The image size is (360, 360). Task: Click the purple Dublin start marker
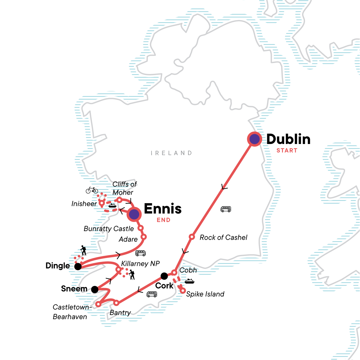(254, 139)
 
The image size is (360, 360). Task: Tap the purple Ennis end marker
(134, 214)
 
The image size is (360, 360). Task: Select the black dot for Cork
(164, 276)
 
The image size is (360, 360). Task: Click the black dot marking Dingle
(78, 266)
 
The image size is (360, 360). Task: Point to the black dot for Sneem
(95, 289)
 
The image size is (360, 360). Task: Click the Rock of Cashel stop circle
(192, 237)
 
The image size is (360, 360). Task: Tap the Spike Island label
(205, 294)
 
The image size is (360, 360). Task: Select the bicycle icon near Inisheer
(92, 190)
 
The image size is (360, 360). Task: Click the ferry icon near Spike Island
(190, 281)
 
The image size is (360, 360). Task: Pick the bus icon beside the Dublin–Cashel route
(226, 209)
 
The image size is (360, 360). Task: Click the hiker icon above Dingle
(83, 250)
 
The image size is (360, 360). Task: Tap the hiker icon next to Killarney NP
(132, 274)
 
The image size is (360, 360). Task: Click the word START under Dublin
(287, 151)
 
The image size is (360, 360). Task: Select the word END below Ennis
(163, 220)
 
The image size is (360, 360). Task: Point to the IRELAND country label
(171, 153)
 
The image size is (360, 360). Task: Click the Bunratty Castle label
(109, 229)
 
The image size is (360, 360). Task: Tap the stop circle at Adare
(143, 237)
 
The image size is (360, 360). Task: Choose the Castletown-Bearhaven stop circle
(98, 304)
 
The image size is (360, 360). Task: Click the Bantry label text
(120, 313)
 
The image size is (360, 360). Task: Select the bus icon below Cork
(152, 294)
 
